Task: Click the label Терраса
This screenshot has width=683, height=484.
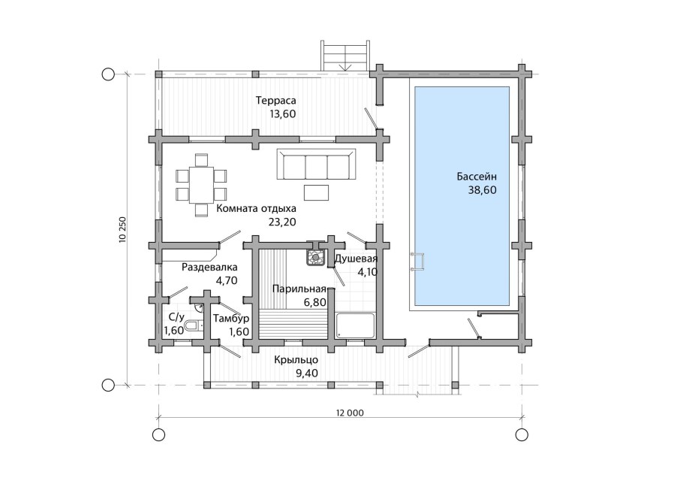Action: [x=275, y=101]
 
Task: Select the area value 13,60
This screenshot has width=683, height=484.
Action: [x=283, y=114]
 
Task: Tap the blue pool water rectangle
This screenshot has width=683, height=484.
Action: [x=462, y=196]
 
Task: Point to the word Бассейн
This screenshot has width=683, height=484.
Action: [x=477, y=177]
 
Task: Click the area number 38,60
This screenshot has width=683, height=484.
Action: [x=482, y=190]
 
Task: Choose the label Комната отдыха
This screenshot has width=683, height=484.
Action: [x=256, y=208]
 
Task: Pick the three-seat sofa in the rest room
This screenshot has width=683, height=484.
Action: [x=316, y=165]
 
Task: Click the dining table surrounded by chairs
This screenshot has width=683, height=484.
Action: [x=201, y=184]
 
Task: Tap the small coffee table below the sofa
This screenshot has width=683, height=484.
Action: [x=316, y=192]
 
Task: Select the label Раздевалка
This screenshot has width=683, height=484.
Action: [x=209, y=267]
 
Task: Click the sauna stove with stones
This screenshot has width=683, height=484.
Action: [x=315, y=256]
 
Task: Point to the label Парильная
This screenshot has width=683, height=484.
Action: [x=299, y=289]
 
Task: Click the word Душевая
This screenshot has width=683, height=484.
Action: [x=356, y=259]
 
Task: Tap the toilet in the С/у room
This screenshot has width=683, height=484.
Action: [x=191, y=325]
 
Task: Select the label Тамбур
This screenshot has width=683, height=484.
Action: [x=231, y=319]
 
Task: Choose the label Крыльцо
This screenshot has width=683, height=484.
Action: [x=296, y=360]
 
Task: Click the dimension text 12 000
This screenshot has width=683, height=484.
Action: [x=350, y=413]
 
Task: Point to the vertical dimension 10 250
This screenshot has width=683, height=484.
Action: [x=122, y=229]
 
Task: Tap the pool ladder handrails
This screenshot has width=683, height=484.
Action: [x=417, y=262]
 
